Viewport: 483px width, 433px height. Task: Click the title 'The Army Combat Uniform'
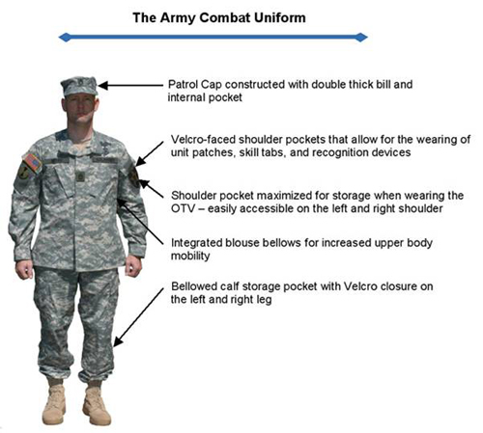tap(219, 17)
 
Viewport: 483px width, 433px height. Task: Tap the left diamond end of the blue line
tap(65, 38)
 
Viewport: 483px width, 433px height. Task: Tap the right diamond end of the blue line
tap(361, 38)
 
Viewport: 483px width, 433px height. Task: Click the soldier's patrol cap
tap(79, 86)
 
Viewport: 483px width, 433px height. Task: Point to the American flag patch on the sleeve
tap(33, 164)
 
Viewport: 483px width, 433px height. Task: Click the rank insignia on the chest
tap(79, 176)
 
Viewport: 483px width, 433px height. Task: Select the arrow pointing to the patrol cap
tap(130, 86)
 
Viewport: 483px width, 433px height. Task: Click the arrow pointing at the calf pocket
tap(138, 317)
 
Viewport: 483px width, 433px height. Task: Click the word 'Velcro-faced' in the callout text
tap(203, 140)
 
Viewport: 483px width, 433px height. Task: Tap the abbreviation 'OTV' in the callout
tap(183, 208)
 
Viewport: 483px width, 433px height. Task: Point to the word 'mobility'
tap(190, 257)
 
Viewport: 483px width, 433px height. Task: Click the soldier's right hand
tap(24, 269)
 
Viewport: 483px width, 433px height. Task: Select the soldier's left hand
tap(133, 266)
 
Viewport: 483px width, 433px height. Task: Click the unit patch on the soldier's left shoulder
tap(134, 177)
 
